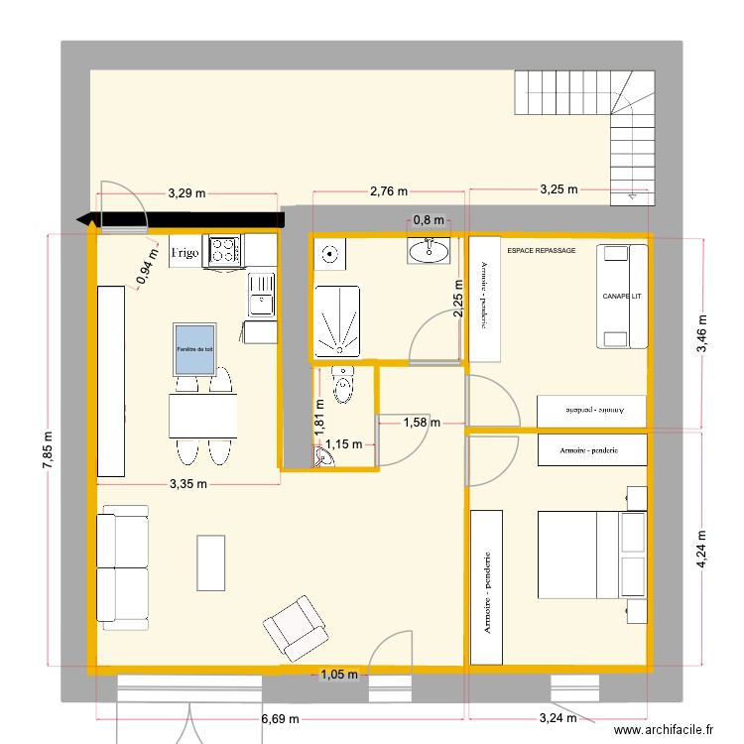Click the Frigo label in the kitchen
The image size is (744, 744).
tap(186, 253)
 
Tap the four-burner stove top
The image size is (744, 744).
tap(224, 251)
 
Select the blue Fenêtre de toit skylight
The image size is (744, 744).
tap(194, 348)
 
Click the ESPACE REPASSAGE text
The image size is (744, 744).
tap(541, 252)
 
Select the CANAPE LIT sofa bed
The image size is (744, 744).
tap(622, 297)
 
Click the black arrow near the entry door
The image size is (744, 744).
tap(179, 219)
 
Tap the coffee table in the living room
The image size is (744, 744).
tap(211, 562)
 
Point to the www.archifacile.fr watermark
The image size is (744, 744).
tap(664, 729)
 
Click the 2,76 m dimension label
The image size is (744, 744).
tap(388, 189)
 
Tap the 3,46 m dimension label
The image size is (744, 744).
tap(701, 334)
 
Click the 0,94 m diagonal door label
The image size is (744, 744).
tap(148, 265)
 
